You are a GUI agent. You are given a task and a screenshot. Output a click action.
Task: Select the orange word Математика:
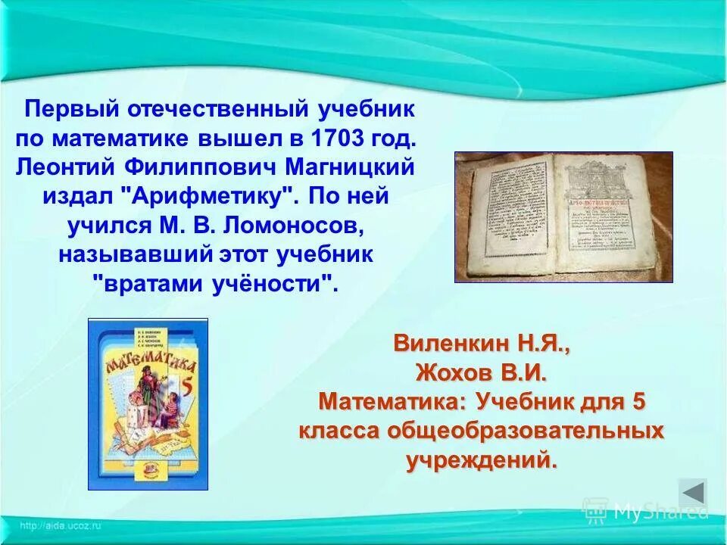point(394,401)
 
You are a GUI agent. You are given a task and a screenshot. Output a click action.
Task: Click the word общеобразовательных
point(526,431)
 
